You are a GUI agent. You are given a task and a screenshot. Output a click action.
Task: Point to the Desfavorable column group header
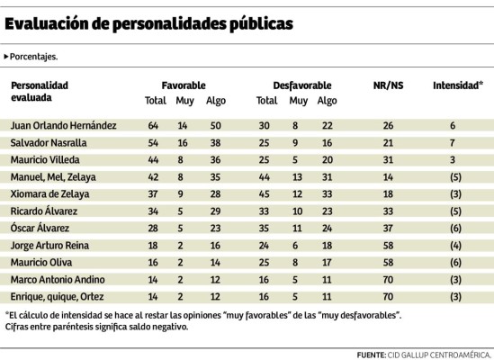[x=301, y=84]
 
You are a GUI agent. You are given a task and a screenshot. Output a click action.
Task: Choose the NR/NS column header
[x=388, y=84]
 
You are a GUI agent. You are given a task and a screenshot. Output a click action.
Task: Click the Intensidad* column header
[x=458, y=84]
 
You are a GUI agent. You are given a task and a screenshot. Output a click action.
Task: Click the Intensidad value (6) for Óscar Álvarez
[x=458, y=226]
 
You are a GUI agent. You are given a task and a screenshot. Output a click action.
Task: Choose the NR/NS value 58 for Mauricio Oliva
[x=388, y=259]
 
